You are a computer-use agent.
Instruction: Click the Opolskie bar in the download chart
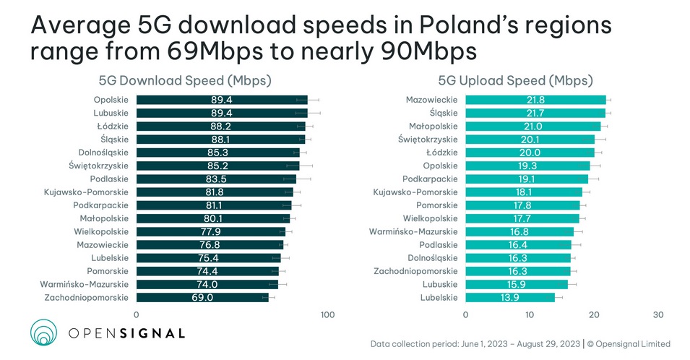[222, 100]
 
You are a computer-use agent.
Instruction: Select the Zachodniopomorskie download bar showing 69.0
[202, 298]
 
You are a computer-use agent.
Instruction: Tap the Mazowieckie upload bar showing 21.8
[535, 100]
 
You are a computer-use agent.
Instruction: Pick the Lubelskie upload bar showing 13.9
[510, 298]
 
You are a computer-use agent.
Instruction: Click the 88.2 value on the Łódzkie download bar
[221, 126]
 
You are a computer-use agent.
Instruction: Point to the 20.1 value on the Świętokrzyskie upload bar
[530, 140]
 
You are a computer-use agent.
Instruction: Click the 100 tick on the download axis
[327, 315]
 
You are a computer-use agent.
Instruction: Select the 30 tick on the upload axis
[657, 315]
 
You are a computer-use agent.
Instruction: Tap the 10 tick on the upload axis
[530, 315]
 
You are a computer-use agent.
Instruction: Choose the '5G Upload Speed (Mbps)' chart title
[515, 80]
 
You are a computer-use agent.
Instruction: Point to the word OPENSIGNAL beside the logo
[126, 333]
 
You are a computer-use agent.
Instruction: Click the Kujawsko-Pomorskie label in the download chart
[86, 192]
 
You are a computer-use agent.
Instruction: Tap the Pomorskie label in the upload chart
[435, 205]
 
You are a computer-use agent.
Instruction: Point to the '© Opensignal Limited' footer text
[629, 343]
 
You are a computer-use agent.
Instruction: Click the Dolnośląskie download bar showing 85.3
[217, 153]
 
